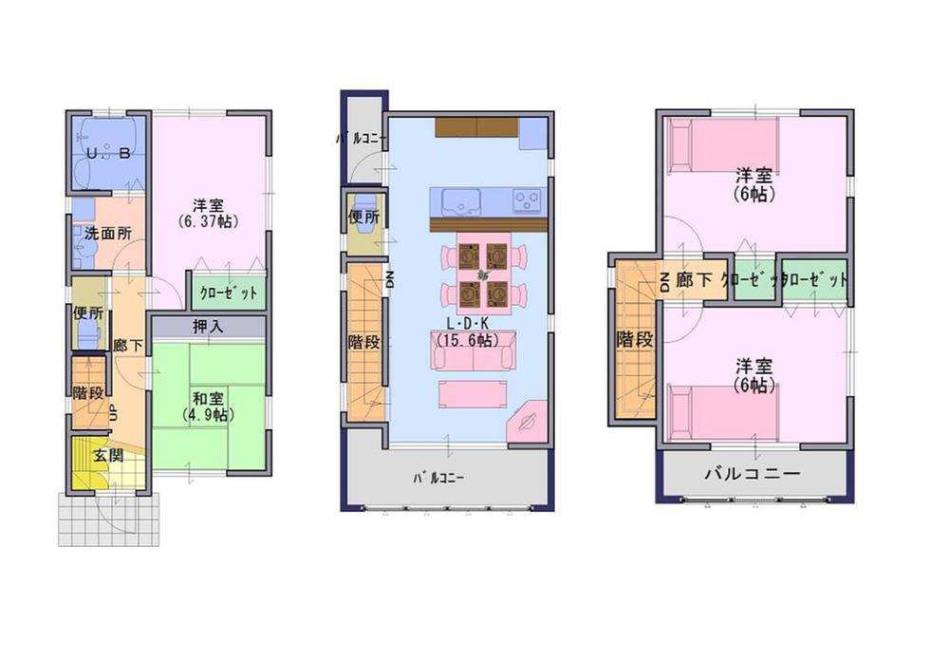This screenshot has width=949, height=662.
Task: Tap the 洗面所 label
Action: [x=107, y=234]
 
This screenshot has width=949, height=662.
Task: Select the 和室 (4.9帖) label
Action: [x=209, y=407]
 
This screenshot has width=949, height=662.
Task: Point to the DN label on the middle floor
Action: [x=389, y=277]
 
